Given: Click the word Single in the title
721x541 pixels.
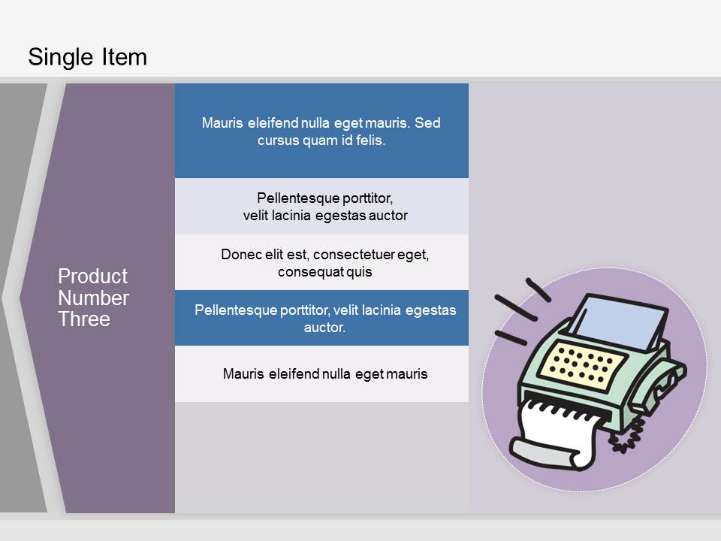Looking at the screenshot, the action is pos(61,58).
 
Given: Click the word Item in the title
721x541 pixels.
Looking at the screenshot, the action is pos(124,57).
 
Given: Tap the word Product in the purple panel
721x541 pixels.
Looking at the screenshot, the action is pos(92,276).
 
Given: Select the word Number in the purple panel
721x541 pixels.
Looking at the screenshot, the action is pos(93,298).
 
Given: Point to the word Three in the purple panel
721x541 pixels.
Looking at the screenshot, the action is pos(84,319).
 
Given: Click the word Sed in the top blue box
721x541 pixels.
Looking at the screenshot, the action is pos(427,122).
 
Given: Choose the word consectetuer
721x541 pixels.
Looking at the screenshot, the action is pos(354,255).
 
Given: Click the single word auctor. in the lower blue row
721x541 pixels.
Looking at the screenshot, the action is pos(324,328).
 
